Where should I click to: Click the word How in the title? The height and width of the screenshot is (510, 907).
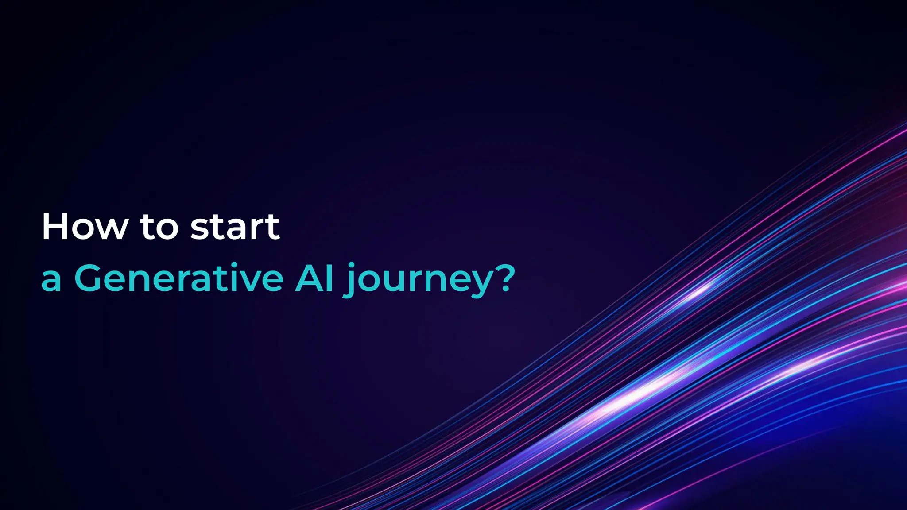point(85,227)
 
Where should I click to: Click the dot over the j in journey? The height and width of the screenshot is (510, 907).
point(352,265)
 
